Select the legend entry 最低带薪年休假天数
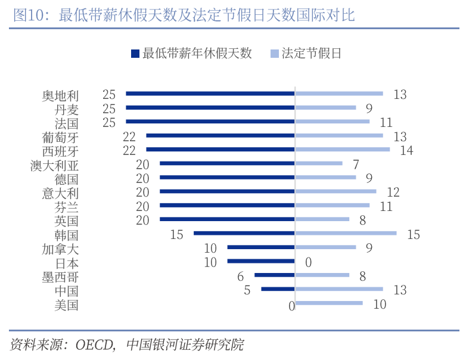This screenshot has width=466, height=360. tap(191, 54)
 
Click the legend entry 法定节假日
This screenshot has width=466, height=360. tap(305, 54)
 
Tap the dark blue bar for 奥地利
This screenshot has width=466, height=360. tap(210, 94)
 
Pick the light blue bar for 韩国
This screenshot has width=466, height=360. tap(346, 233)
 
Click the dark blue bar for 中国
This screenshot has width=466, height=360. tap(278, 289)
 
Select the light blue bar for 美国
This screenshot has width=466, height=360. tap(328, 303)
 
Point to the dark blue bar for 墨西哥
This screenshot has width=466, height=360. tap(274, 275)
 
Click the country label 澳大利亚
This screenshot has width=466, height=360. tap(54, 165)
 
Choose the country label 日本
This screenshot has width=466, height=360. tap(67, 263)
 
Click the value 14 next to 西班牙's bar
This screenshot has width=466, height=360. tap(406, 150)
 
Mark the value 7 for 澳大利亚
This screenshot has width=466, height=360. tap(355, 165)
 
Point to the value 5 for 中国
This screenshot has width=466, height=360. tap(247, 290)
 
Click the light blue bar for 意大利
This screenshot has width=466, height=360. tap(335, 191)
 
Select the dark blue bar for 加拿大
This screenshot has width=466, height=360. tap(261, 247)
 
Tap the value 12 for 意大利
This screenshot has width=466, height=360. tap(393, 192)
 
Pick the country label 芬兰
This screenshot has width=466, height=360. tap(67, 207)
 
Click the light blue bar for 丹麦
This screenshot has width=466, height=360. tap(325, 108)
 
